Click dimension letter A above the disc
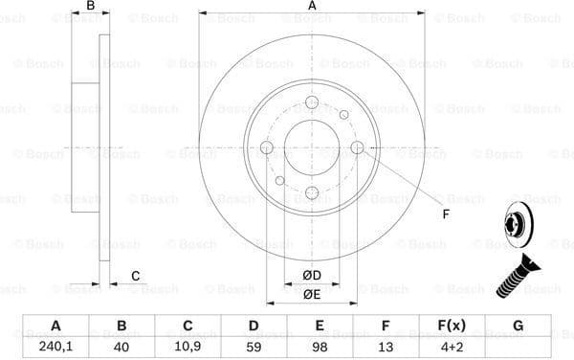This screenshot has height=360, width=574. [312, 8]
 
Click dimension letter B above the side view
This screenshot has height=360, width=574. [91, 8]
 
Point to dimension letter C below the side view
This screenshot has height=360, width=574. [135, 276]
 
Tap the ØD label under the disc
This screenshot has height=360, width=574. [312, 276]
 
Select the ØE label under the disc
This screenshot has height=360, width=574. [312, 294]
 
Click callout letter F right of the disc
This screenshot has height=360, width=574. [446, 214]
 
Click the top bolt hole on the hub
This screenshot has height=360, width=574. [312, 103]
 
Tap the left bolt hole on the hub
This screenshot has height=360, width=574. [267, 147]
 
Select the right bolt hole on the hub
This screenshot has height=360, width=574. [357, 147]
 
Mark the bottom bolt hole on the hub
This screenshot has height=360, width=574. [312, 192]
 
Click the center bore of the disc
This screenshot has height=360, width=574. [312, 147]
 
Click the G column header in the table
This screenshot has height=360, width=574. [518, 326]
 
